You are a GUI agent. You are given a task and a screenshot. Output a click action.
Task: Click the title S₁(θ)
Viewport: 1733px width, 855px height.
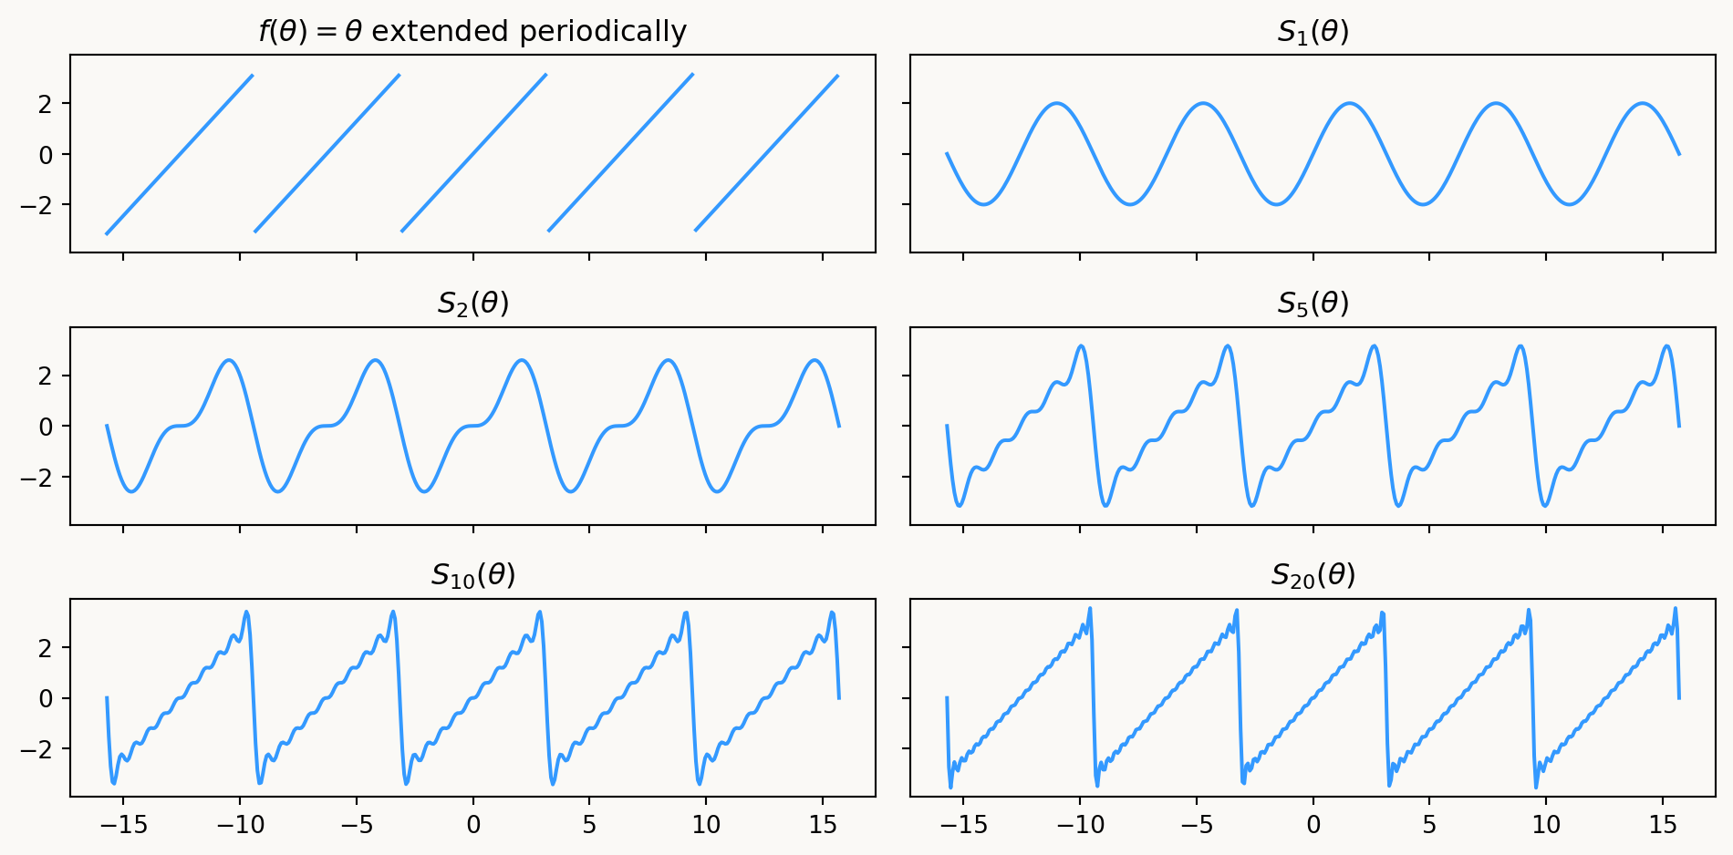tap(1313, 32)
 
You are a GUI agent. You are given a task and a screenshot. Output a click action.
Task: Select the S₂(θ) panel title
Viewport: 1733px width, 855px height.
tap(472, 304)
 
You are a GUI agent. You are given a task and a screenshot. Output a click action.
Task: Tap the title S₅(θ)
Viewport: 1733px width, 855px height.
tap(1313, 304)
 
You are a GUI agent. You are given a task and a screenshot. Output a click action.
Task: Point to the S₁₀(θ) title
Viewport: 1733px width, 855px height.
tap(472, 575)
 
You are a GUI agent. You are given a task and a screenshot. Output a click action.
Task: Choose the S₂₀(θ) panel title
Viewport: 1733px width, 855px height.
tap(1313, 575)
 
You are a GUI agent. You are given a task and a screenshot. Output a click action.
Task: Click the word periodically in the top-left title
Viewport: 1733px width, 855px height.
tap(603, 32)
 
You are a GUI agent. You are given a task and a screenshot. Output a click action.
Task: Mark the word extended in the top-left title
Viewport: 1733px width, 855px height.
tap(441, 32)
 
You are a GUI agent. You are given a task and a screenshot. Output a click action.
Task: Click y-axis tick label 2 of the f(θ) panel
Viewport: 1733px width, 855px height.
tap(47, 104)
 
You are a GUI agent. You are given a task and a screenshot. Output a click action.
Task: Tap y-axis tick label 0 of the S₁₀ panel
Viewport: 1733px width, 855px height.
tap(47, 699)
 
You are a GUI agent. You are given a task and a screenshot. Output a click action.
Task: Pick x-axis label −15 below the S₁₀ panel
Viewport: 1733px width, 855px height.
tap(122, 826)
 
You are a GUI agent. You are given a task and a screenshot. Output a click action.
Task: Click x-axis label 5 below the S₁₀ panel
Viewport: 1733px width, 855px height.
tap(589, 826)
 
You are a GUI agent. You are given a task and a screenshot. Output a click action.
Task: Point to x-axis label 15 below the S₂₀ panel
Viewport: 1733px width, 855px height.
tap(1662, 826)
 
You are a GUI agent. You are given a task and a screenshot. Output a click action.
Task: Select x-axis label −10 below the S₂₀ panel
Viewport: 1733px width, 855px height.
tap(1080, 826)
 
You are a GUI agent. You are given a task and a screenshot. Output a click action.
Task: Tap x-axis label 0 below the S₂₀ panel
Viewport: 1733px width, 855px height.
tap(1313, 826)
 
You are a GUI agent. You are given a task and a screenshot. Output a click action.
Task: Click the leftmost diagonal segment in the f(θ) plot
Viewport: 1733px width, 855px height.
tap(180, 154)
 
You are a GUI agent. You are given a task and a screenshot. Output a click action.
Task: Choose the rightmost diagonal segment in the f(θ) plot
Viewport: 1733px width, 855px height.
tap(766, 154)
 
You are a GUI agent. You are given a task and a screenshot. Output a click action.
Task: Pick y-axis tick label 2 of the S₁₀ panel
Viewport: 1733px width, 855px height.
tap(47, 648)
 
